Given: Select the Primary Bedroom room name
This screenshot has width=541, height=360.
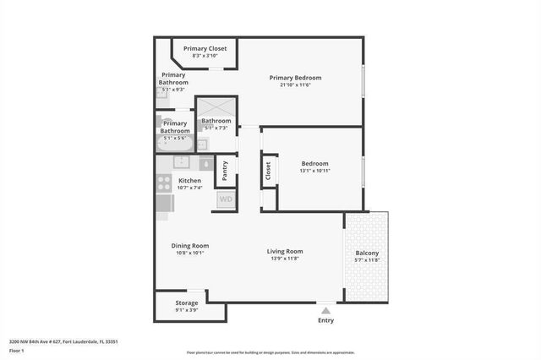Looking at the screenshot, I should tap(289, 78).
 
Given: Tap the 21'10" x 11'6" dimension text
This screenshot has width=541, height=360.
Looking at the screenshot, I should tap(289, 85).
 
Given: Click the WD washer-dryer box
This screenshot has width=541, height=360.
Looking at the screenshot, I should tap(226, 199).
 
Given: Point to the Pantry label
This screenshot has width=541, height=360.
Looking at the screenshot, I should tap(225, 170).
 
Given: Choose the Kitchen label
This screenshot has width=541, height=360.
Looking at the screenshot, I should tap(189, 181).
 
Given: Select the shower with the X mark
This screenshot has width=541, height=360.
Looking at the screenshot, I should tap(216, 107).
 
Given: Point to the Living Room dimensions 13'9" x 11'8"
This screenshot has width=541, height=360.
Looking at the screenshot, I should tap(285, 259).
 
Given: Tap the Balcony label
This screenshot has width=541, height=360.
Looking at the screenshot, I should tap(367, 254).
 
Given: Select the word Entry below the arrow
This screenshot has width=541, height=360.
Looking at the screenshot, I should tap(325, 320).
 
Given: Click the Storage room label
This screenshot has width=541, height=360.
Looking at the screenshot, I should tap(187, 303).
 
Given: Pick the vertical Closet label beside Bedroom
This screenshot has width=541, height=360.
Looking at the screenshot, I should tap(268, 172).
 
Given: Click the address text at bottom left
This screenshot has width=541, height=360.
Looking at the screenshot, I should tap(63, 341).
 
